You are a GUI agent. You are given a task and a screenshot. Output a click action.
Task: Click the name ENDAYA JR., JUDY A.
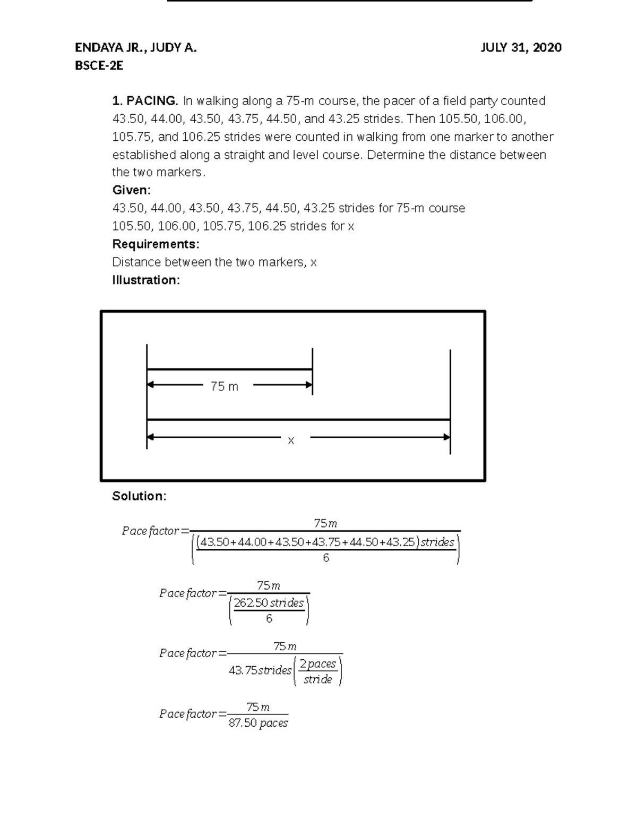point(135,48)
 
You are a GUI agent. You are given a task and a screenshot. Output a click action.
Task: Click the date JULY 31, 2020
point(521,48)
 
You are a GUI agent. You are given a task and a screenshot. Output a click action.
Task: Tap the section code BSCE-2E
point(99,66)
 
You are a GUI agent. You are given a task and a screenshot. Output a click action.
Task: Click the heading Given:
point(131,190)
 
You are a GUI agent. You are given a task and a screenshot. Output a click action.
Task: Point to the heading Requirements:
point(156,244)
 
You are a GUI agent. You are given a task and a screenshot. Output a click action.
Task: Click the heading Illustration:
point(146,280)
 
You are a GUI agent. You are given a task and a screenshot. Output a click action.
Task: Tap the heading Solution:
point(139,496)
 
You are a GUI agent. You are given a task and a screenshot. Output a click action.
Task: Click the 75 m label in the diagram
point(224,387)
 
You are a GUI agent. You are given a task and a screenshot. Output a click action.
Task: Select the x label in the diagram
point(291,440)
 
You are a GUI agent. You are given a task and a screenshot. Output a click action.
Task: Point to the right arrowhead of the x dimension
point(446,437)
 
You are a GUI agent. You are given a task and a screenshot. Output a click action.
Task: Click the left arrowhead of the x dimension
point(150,437)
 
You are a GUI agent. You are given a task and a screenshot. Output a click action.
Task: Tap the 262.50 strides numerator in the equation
point(269,603)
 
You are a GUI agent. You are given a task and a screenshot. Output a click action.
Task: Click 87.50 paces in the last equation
point(258,723)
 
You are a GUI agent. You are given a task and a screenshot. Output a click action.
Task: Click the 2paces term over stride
point(317,664)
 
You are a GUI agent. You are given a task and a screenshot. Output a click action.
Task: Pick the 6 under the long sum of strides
point(326,558)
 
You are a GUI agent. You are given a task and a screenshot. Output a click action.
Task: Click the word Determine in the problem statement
point(389,155)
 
